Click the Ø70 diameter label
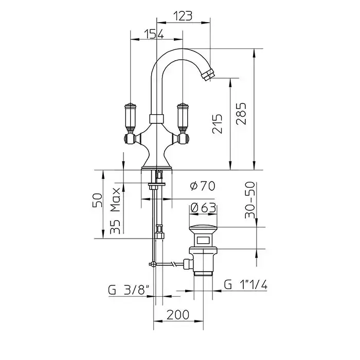point(202,186)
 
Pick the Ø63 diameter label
point(202,208)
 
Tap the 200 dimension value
point(178,314)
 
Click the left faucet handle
point(130,117)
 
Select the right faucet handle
point(183,117)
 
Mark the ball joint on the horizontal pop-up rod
point(153,264)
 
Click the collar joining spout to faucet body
point(156,119)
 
